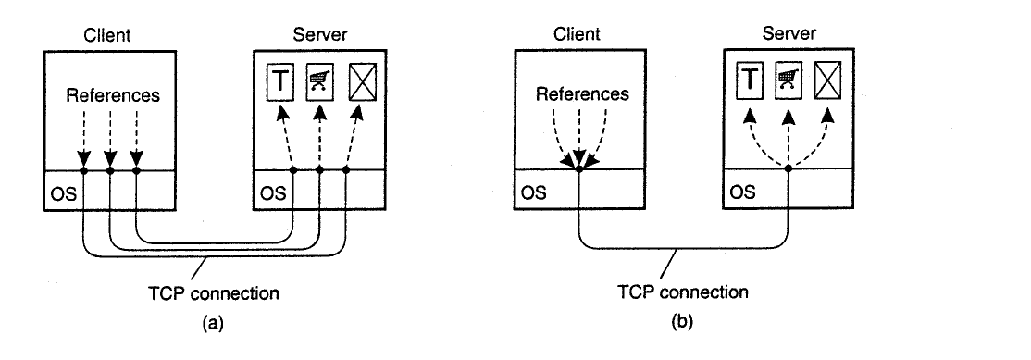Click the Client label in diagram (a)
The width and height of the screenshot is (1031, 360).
(x=107, y=35)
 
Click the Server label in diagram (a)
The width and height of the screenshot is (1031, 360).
(x=320, y=35)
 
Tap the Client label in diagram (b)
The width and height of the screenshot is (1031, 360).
(x=578, y=34)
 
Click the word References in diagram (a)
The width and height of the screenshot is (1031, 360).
(x=113, y=95)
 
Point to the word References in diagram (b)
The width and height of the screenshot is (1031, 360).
(x=582, y=94)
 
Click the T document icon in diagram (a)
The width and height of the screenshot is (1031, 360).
(x=279, y=82)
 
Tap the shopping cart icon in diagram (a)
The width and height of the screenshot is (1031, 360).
(x=319, y=82)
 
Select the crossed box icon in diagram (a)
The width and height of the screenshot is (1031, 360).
(x=363, y=82)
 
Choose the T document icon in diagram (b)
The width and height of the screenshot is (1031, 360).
(x=749, y=81)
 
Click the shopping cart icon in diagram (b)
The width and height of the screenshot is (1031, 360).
(x=789, y=81)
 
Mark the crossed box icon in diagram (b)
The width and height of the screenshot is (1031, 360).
(x=827, y=81)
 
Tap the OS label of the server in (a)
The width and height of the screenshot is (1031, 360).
(x=273, y=193)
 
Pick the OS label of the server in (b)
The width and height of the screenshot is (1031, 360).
(x=742, y=192)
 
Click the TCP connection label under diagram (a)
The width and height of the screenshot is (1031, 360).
(x=214, y=293)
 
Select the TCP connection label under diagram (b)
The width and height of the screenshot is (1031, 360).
(x=683, y=292)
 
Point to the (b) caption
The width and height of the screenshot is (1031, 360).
(x=682, y=322)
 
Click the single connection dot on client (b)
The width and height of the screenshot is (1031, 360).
(x=578, y=168)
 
